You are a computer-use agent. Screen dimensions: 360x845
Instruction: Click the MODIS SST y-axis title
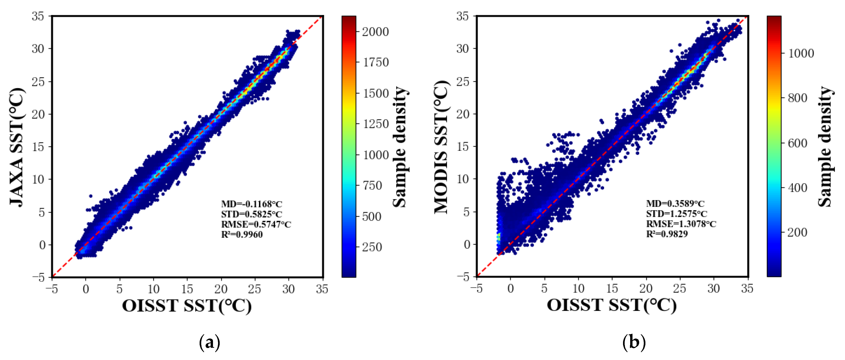pyautogui.click(x=441, y=147)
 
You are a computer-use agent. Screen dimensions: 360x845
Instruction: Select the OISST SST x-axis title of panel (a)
pyautogui.click(x=187, y=306)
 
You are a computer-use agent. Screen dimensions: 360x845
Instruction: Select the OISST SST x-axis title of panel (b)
pyautogui.click(x=611, y=305)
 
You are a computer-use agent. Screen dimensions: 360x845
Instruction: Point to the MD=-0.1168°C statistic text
pyautogui.click(x=252, y=204)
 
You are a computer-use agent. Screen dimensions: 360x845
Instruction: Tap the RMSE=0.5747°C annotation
pyautogui.click(x=256, y=225)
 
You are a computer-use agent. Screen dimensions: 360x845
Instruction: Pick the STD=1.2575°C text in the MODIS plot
pyautogui.click(x=676, y=214)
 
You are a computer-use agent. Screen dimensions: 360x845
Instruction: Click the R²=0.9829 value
pyautogui.click(x=667, y=234)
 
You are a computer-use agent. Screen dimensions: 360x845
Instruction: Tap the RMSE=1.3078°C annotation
pyautogui.click(x=681, y=224)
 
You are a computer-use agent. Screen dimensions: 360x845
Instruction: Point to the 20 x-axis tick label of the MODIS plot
pyautogui.click(x=646, y=288)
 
